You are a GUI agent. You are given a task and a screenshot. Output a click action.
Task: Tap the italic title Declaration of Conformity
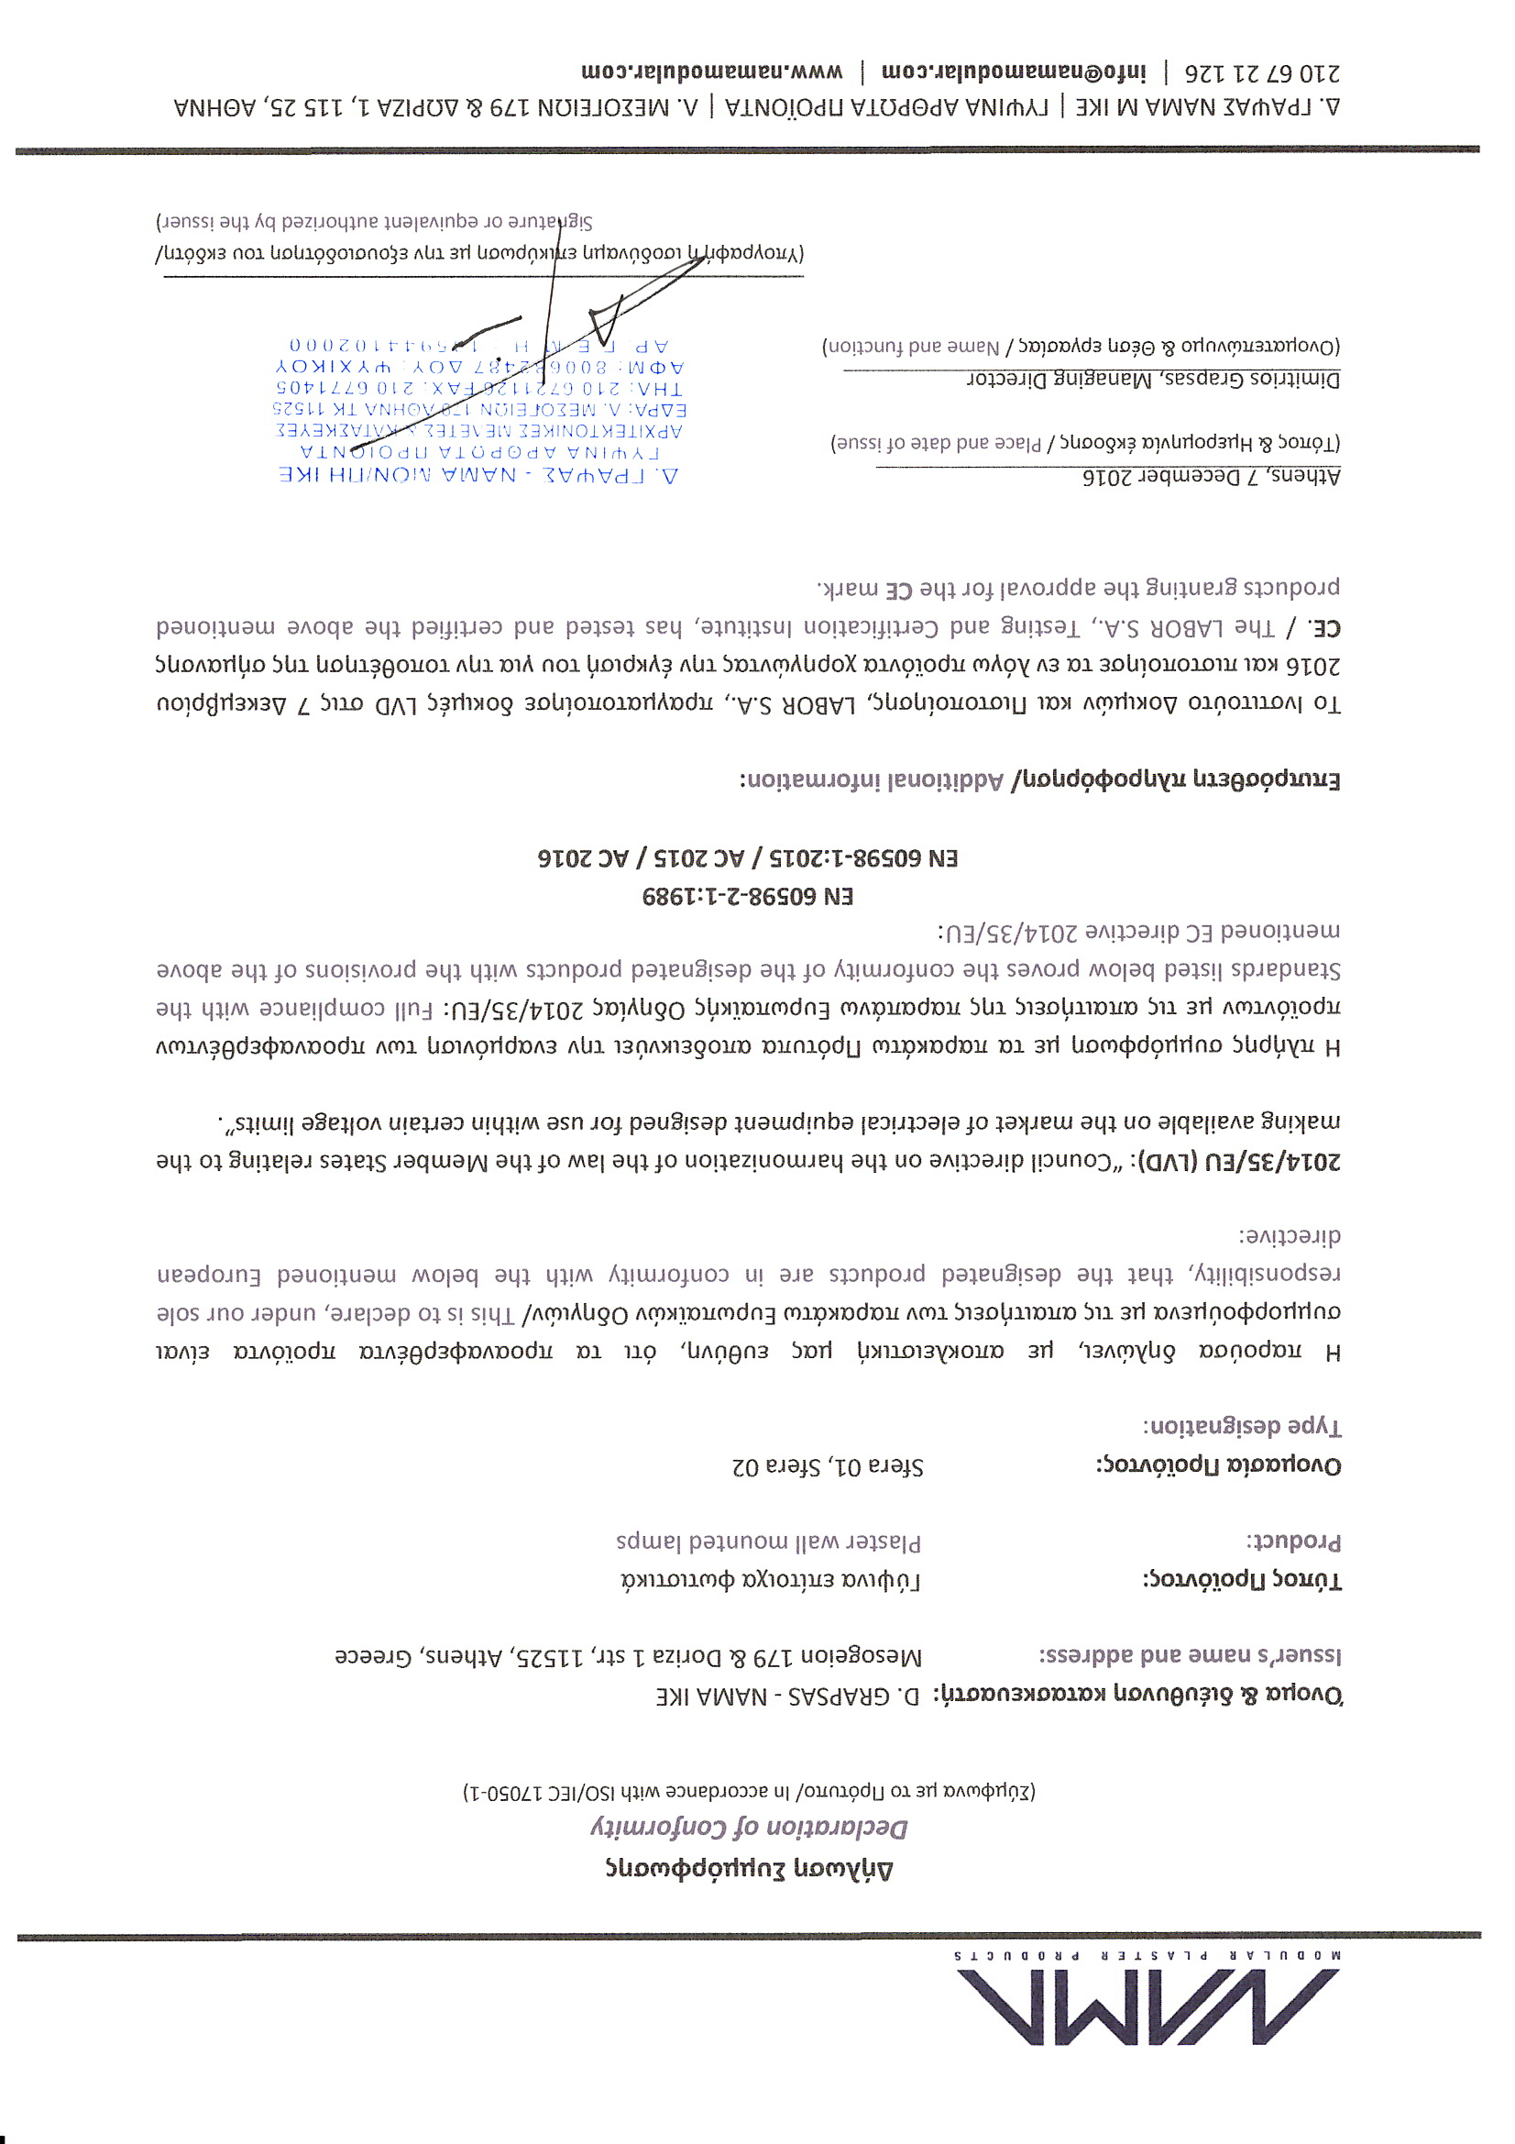(x=749, y=1828)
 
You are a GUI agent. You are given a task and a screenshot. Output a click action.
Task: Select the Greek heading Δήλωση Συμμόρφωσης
(x=749, y=1868)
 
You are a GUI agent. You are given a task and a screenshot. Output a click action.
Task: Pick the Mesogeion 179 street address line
(x=628, y=1655)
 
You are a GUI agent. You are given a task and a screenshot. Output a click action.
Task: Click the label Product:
(x=1293, y=1541)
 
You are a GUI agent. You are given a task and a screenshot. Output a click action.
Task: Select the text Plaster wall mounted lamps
(x=768, y=1541)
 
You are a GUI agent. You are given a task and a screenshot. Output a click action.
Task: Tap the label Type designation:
(x=1242, y=1427)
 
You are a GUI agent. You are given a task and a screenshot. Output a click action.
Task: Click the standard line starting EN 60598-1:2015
(x=748, y=857)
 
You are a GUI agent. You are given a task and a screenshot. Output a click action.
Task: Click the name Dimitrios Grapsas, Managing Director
(x=1153, y=379)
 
